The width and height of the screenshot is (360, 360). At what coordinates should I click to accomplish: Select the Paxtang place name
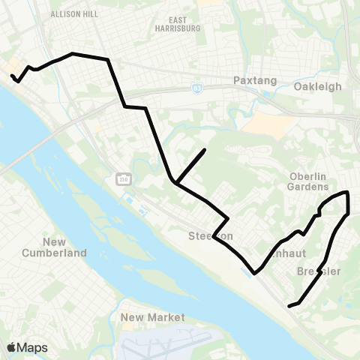255,80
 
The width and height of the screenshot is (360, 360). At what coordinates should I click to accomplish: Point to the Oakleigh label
318,86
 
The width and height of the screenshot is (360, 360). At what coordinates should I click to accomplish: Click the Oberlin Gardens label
309,181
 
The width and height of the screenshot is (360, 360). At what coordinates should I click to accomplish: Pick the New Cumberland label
65,247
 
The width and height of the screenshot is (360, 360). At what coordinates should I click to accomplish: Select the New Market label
152,318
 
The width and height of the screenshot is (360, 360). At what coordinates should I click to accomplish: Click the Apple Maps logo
27,347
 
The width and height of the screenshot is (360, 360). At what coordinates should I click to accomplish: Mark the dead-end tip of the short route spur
205,150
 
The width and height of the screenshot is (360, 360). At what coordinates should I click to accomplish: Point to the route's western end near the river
12,75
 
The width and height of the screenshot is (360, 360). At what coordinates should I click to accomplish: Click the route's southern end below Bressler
289,304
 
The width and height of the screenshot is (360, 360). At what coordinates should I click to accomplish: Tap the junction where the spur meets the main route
174,181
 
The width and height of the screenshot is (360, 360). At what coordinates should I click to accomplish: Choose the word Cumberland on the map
65,252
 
